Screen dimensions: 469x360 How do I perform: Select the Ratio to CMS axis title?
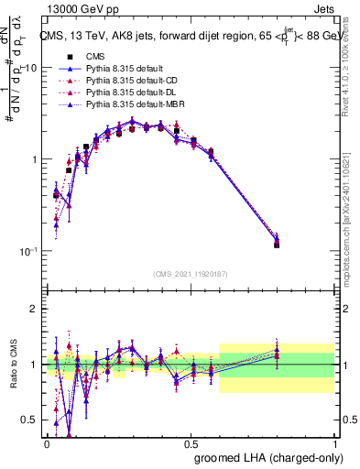12,364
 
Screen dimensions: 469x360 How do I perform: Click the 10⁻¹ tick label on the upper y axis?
27,250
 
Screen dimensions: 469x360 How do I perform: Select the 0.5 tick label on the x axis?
191,442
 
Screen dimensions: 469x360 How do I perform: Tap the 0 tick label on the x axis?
47,442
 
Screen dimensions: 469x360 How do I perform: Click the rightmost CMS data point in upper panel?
301,245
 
